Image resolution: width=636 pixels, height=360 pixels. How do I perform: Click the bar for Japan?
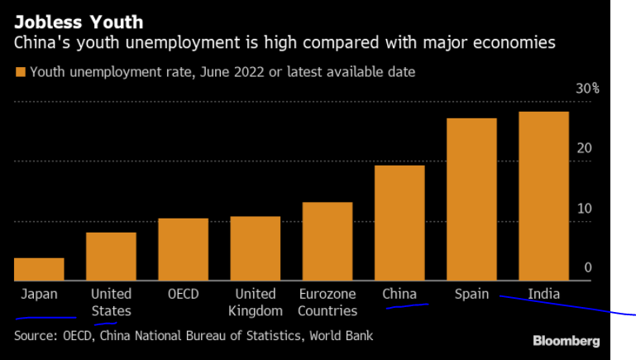39,270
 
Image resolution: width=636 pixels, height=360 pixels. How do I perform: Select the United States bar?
111,257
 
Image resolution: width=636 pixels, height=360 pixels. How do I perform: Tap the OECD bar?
183,250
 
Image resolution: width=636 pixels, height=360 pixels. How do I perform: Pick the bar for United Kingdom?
255,249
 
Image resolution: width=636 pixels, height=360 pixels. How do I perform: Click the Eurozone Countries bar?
327,242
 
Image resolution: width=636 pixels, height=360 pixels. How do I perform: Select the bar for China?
399,223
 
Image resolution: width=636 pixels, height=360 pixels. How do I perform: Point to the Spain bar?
471,199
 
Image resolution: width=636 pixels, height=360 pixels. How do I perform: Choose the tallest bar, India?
543,196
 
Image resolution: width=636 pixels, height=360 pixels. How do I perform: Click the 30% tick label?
587,89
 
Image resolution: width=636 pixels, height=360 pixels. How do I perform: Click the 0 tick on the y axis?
587,267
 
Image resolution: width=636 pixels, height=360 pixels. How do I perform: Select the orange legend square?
20,72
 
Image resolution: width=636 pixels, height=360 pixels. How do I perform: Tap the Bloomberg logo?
566,341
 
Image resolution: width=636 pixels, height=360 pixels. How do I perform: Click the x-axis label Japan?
39,294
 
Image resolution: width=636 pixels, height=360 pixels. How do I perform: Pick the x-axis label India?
543,294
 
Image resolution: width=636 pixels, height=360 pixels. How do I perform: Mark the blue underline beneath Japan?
45,318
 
